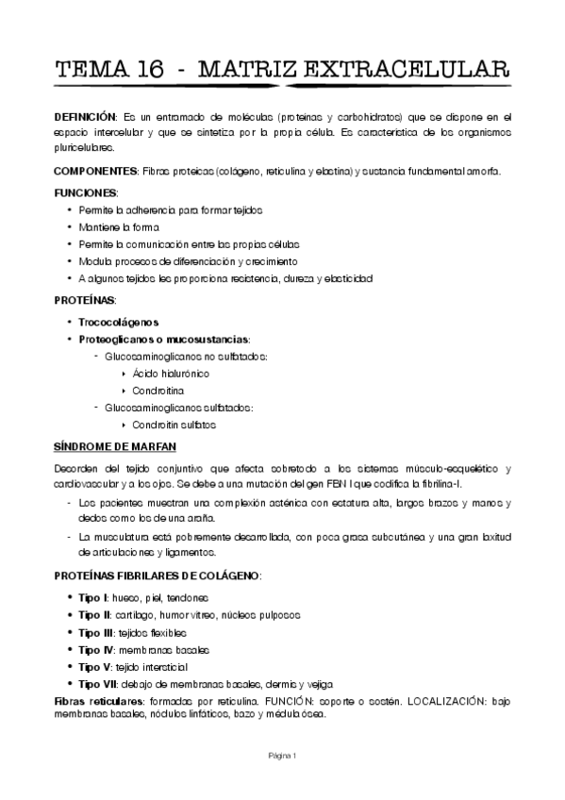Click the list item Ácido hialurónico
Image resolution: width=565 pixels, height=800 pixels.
tap(170, 374)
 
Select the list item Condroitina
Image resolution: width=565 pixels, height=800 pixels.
tap(158, 391)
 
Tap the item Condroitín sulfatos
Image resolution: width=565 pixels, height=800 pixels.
tap(174, 425)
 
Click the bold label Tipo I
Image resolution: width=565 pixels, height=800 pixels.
tap(93, 598)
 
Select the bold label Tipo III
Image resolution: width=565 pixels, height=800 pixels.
tap(97, 632)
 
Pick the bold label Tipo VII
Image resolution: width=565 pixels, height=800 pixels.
tap(99, 684)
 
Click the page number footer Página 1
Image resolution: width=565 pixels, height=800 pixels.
tap(282, 756)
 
